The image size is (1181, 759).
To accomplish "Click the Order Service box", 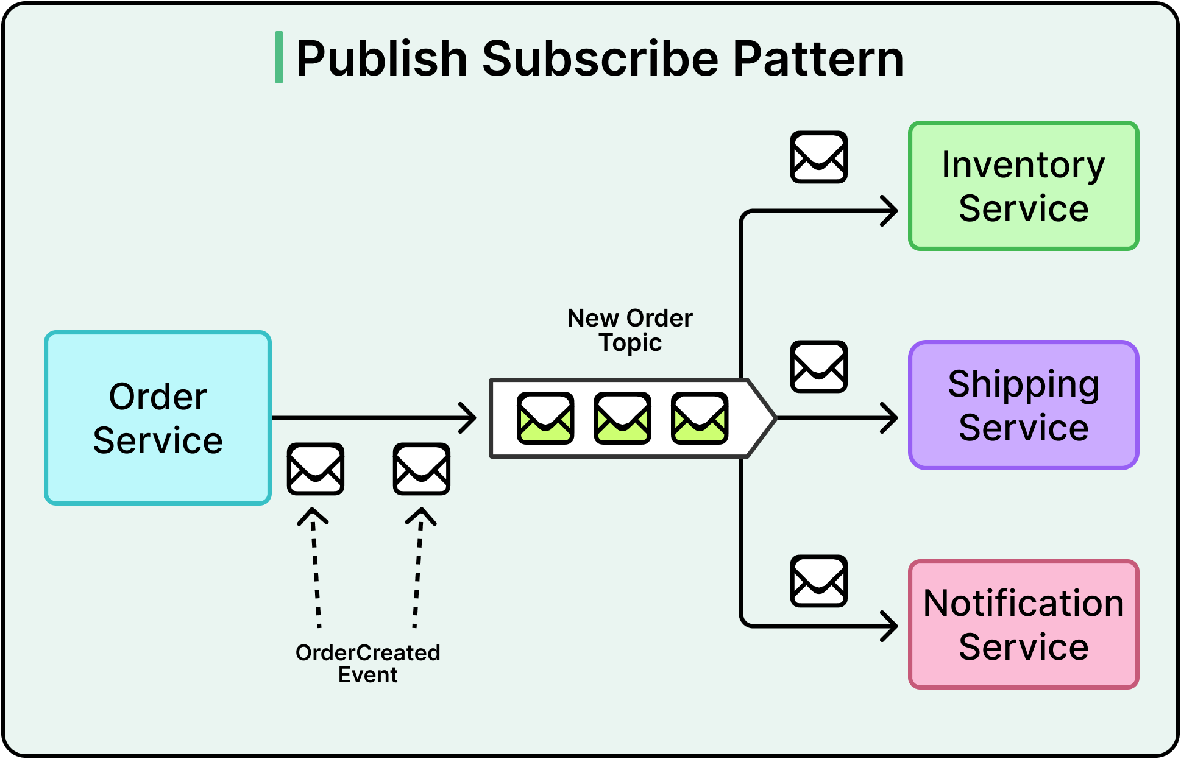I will click(x=158, y=418).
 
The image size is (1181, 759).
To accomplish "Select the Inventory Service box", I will click(x=1023, y=186).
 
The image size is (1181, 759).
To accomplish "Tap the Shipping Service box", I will click(x=1023, y=405).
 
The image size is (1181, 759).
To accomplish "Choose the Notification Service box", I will click(x=1023, y=624).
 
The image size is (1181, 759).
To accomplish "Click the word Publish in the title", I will click(x=381, y=59).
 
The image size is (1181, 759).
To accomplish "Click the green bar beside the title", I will click(x=279, y=57).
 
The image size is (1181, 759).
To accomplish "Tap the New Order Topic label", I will click(x=630, y=330).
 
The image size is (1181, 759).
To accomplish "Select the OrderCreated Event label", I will click(x=367, y=663).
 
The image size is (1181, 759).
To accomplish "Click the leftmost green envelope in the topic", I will click(x=545, y=418).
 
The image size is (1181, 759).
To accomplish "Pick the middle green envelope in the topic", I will click(x=622, y=418).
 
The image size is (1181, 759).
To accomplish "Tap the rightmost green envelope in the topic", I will click(x=700, y=418).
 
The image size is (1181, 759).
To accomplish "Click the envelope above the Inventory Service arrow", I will click(x=818, y=157).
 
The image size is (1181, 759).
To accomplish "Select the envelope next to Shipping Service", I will click(x=818, y=367).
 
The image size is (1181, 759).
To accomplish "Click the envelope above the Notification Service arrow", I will click(x=818, y=581).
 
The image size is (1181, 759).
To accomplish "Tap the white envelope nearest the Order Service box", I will click(x=316, y=469).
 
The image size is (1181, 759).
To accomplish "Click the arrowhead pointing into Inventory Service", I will click(x=891, y=211).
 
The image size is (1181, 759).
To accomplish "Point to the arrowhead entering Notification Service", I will click(x=891, y=626).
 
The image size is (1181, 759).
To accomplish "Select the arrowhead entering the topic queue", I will click(x=469, y=418).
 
